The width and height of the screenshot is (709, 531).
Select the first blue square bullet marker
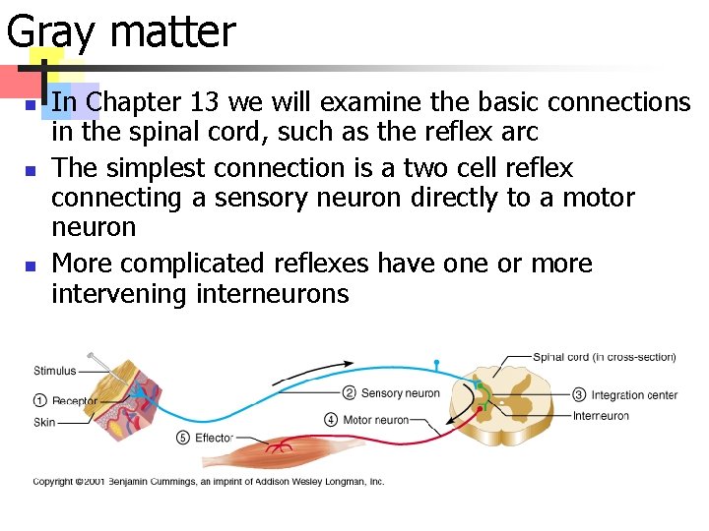[30, 104]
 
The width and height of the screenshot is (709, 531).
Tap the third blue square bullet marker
[30, 265]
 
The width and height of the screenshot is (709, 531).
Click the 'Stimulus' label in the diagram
[56, 371]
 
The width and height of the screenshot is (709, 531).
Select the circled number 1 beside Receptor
[39, 400]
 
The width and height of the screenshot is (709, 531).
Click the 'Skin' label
[44, 422]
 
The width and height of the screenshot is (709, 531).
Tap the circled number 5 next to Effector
[182, 438]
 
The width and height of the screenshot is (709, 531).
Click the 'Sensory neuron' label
[400, 393]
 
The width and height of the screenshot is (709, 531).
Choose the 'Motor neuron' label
[375, 420]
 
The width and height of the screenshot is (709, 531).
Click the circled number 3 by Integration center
[579, 395]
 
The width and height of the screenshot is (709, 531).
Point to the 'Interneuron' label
[600, 416]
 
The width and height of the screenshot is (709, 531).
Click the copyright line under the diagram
[209, 482]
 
